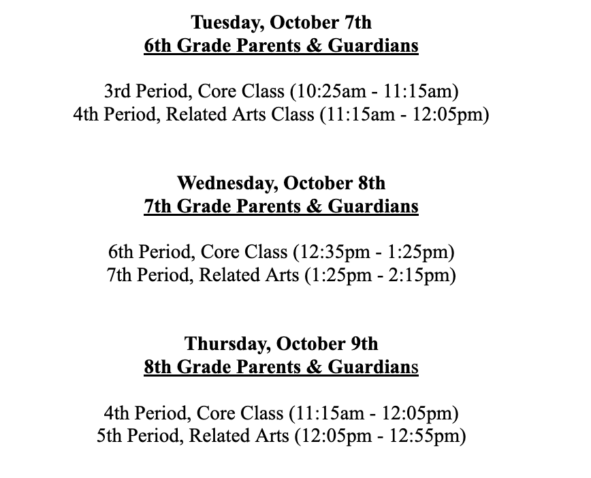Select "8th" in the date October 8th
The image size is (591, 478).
(372, 183)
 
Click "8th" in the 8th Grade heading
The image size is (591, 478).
(158, 368)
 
